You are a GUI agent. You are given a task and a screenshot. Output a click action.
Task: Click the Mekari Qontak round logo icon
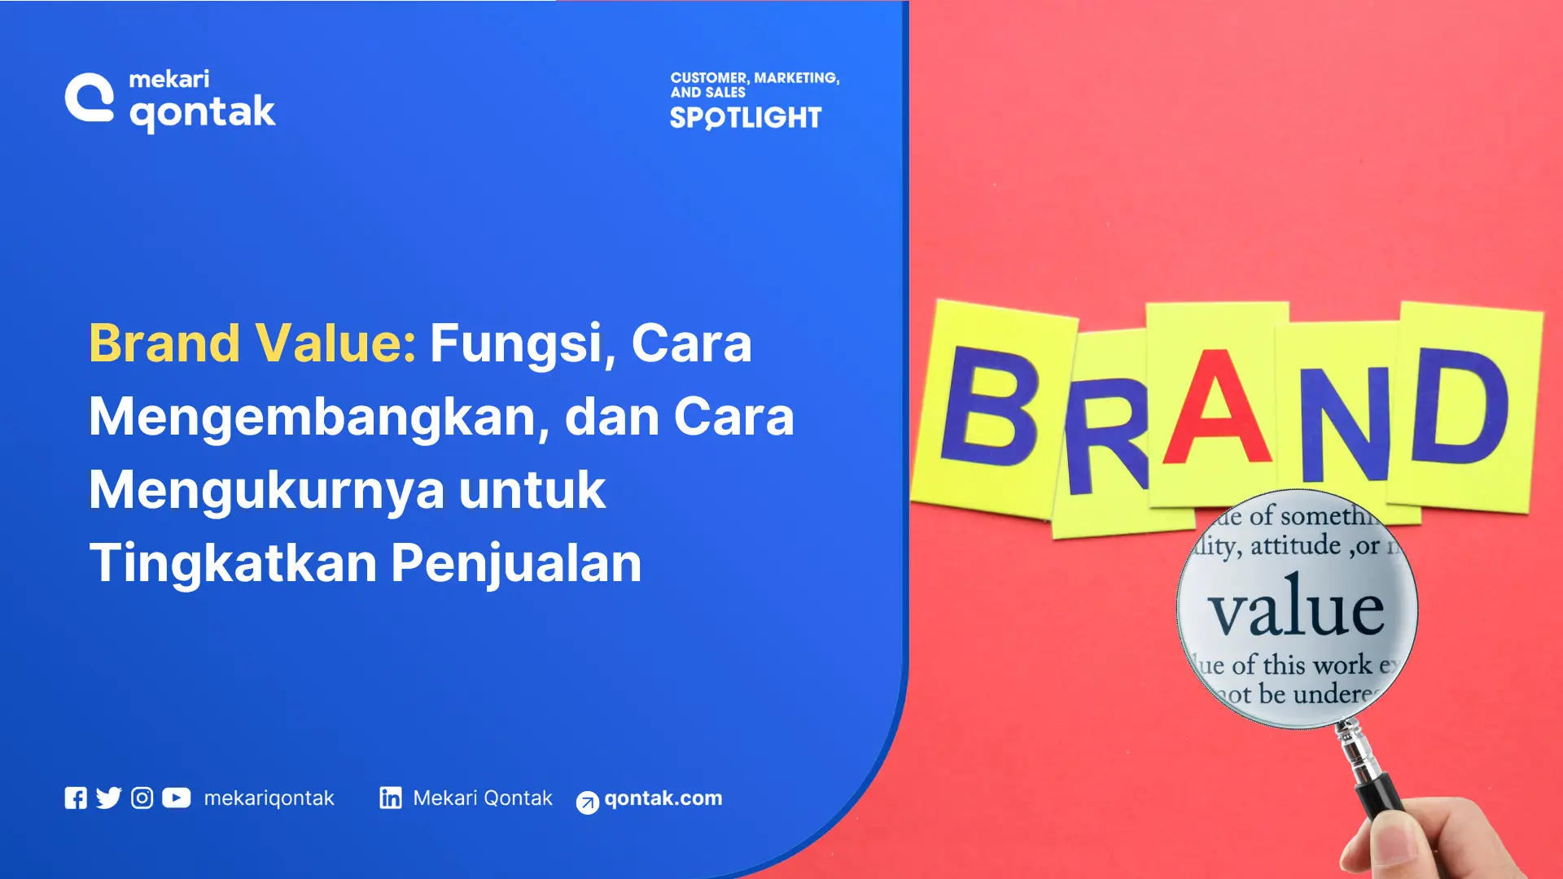[x=90, y=98]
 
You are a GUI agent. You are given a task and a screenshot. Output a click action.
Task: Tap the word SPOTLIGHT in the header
[x=746, y=118]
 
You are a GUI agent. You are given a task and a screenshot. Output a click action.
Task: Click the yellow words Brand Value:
[x=252, y=343]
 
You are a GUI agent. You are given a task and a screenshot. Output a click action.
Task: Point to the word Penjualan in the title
[x=516, y=563]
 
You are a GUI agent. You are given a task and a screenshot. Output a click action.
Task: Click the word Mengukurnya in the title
[x=267, y=490]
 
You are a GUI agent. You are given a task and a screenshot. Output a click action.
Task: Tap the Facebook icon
[x=76, y=798]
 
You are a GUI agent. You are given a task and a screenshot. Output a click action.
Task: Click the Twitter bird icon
[x=108, y=798]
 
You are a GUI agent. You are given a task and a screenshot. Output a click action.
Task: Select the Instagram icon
[x=142, y=798]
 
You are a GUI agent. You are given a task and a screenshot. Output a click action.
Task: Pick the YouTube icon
[x=176, y=798]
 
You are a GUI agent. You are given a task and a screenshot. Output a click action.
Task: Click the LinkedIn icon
[x=391, y=798]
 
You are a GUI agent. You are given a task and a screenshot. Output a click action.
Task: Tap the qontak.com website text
[x=663, y=798]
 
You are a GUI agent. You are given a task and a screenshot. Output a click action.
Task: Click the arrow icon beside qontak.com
[x=587, y=802]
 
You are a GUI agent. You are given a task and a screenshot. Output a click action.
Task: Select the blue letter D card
[x=1461, y=407]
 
